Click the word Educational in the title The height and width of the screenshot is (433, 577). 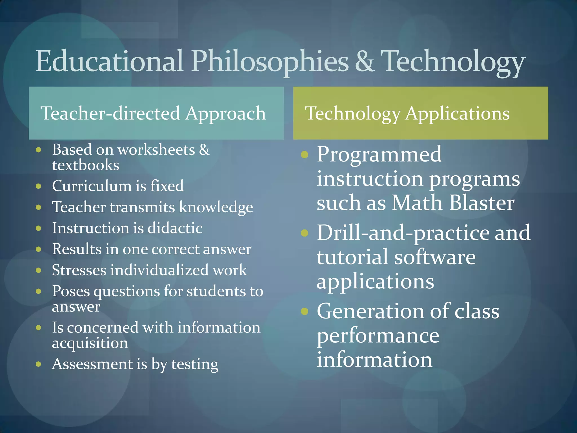click(x=110, y=61)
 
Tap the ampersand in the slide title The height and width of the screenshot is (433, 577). click(x=365, y=61)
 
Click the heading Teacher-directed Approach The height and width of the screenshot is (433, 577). click(x=153, y=113)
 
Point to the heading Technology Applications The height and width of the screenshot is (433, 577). click(x=407, y=113)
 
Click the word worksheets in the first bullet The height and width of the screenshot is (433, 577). click(x=156, y=150)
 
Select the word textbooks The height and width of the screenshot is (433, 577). click(x=86, y=165)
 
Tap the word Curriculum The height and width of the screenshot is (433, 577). click(x=92, y=186)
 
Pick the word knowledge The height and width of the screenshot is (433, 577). click(x=216, y=207)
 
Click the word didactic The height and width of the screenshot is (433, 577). click(x=175, y=228)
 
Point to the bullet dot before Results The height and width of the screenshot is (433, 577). click(x=39, y=249)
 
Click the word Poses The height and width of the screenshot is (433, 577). click(x=71, y=291)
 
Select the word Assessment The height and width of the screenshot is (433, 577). click(x=92, y=364)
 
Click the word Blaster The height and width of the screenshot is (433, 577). click(x=482, y=203)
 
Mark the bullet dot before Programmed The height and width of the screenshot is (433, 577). click(x=305, y=154)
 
